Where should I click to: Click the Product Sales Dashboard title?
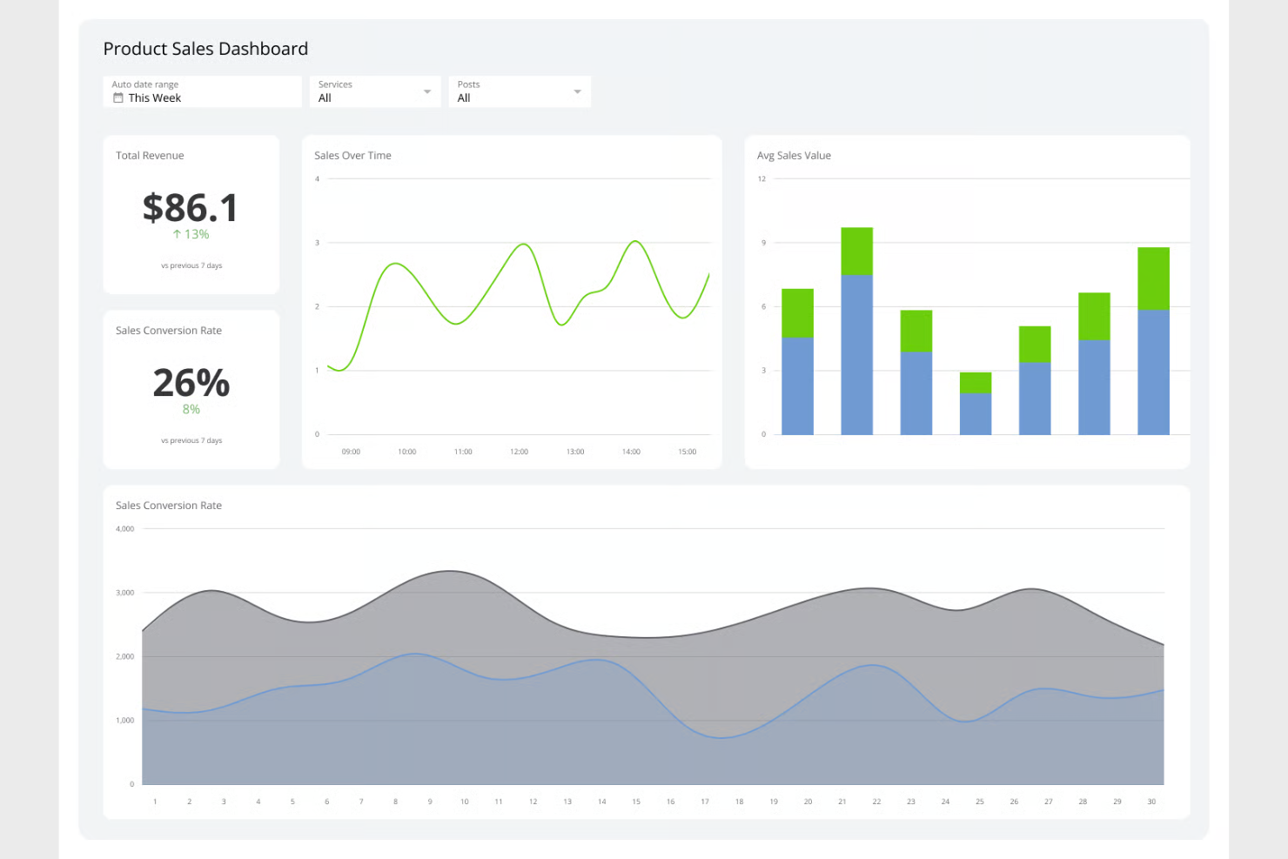click(205, 49)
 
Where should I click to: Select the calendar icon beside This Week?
click(118, 98)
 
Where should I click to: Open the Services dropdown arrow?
click(427, 91)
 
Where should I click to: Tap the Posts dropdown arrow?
click(577, 91)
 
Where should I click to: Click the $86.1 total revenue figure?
click(191, 208)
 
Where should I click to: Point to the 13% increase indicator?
click(191, 234)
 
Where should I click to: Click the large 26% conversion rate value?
click(191, 383)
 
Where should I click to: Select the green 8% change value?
click(191, 409)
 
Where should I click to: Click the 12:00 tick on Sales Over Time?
click(519, 452)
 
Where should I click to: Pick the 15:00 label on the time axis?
click(688, 452)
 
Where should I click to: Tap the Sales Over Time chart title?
click(352, 156)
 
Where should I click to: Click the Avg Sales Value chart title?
click(794, 156)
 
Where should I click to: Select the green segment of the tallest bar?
click(857, 251)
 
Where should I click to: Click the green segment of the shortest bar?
click(976, 383)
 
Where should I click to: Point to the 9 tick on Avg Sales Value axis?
click(763, 243)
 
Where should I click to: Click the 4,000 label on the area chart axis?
click(125, 529)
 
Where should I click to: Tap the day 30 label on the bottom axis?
click(1151, 802)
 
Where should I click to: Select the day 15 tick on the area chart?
click(636, 802)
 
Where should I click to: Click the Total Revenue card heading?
click(150, 156)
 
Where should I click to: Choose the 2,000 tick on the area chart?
click(125, 657)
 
